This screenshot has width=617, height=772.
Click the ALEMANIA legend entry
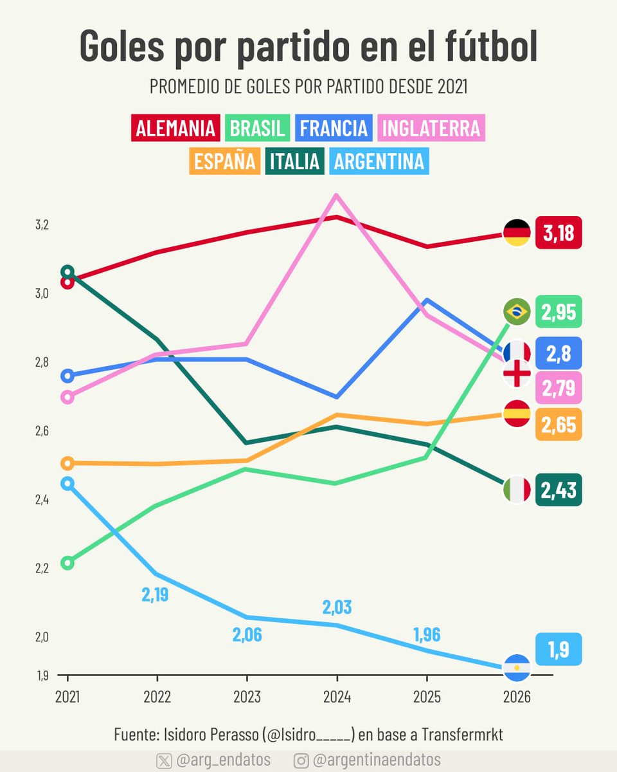175,128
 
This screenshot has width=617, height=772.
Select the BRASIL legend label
257,128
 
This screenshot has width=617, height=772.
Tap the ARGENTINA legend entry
379,161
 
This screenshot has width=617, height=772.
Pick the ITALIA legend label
294,161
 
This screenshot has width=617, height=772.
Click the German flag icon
516,233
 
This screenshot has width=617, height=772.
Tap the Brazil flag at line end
516,312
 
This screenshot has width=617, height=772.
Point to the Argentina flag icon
516,668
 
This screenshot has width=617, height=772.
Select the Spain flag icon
516,414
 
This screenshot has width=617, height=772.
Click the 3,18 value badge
558,233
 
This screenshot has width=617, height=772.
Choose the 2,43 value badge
558,490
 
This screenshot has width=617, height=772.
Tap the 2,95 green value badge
558,312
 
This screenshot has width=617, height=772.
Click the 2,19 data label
155,595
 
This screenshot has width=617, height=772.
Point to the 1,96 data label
426,635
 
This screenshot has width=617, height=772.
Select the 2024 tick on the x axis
336,697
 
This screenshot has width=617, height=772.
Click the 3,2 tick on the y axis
42,225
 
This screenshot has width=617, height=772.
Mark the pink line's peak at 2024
336,196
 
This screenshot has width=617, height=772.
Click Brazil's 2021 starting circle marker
67,563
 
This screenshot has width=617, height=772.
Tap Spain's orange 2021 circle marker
67,463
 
